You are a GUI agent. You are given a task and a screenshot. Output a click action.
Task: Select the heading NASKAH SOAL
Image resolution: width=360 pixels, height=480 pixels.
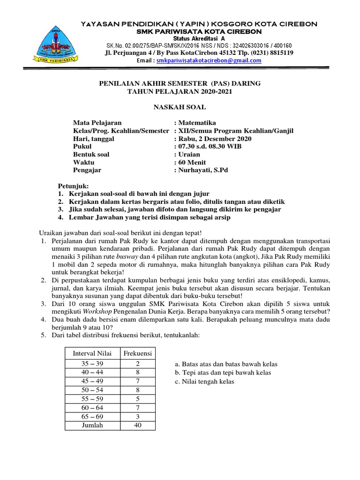(180, 107)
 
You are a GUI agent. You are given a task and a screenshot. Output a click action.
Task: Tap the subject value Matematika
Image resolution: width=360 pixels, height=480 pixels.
(195, 122)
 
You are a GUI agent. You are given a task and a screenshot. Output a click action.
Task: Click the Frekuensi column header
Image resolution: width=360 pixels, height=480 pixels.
(137, 352)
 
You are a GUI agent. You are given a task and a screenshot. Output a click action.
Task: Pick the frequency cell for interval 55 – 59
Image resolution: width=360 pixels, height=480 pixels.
(137, 399)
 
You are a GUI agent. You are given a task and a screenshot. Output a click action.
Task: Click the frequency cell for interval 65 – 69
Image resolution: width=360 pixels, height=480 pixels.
(137, 417)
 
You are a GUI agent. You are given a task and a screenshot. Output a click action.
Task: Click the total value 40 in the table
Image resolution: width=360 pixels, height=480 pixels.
(137, 425)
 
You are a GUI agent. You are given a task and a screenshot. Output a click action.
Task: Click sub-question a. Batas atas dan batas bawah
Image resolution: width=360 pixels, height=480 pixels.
(225, 364)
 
